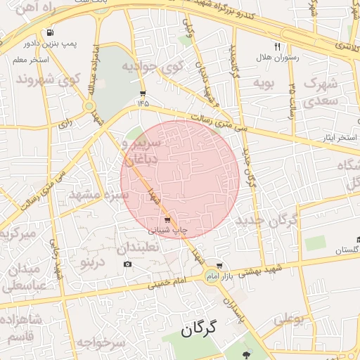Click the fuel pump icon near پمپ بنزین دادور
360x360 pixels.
[x=50, y=32]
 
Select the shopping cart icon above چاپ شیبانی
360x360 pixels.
[x=167, y=220]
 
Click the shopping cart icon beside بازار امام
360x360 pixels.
[x=220, y=266]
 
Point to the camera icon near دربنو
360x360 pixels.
[x=127, y=264]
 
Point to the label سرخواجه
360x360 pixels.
[x=101, y=342]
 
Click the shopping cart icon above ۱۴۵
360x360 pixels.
[x=143, y=94]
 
